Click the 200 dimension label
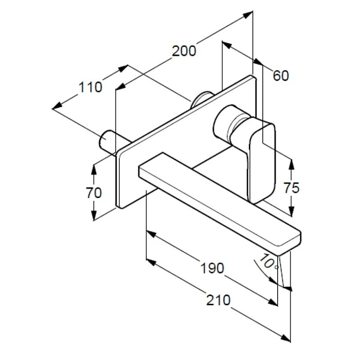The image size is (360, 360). (184, 51)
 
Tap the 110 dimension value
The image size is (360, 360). (90, 87)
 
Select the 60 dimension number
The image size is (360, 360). (281, 76)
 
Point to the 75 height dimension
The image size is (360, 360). (292, 188)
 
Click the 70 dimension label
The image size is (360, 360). (94, 193)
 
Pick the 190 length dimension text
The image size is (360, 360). (212, 268)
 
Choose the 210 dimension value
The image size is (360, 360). (218, 300)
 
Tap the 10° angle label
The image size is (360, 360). (268, 262)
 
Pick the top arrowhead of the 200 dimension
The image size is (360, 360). (248, 14)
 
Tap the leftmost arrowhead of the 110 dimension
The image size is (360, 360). (57, 106)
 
